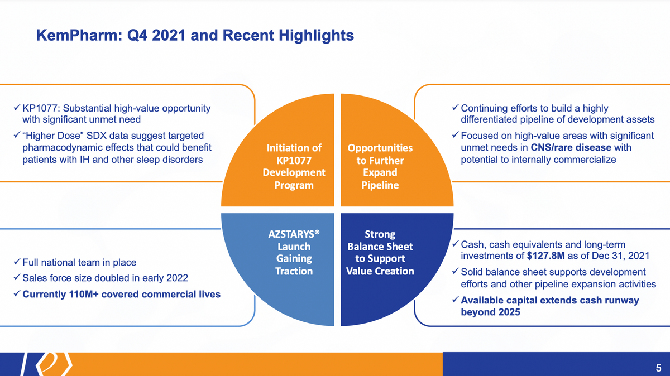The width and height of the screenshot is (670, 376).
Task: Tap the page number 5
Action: pyautogui.click(x=658, y=368)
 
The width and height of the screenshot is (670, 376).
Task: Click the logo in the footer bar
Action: pyautogui.click(x=47, y=364)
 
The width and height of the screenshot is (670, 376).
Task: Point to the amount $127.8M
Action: pyautogui.click(x=545, y=256)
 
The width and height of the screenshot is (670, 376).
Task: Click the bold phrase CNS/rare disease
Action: pyautogui.click(x=571, y=147)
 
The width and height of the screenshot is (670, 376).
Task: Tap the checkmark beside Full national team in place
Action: pyautogui.click(x=17, y=262)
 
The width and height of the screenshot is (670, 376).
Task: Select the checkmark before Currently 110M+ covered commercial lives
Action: pyautogui.click(x=17, y=293)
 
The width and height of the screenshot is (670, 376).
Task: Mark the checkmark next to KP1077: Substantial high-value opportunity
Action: pyautogui.click(x=17, y=107)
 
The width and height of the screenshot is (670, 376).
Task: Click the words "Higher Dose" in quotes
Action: pyautogui.click(x=53, y=136)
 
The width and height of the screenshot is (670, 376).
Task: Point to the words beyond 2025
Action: pyautogui.click(x=490, y=312)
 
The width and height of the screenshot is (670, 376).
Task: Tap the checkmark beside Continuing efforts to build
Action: pyautogui.click(x=455, y=107)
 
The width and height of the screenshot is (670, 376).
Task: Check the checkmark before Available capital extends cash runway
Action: pyautogui.click(x=455, y=300)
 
